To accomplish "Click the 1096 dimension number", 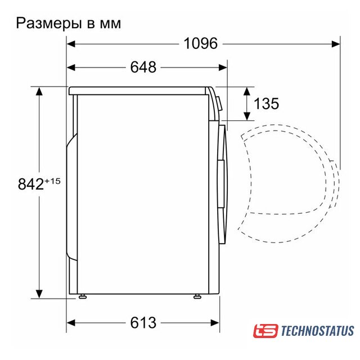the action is tap(201, 43).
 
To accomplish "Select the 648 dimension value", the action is tap(143, 67).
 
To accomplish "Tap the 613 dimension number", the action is tap(143, 322).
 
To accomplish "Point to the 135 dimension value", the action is tap(266, 103).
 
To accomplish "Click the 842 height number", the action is tap(31, 184).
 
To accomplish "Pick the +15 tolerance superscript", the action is tap(52, 181).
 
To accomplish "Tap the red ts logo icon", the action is tap(265, 331).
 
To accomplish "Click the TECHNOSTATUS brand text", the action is tap(317, 331).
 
